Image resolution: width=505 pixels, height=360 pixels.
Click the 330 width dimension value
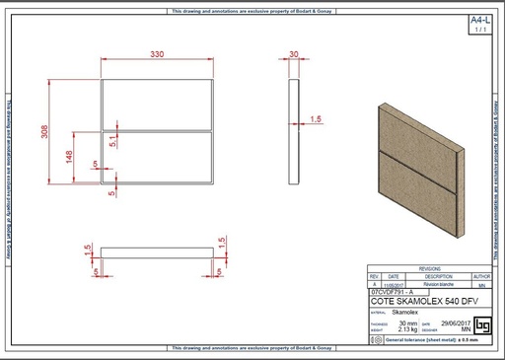pyautogui.click(x=157, y=55)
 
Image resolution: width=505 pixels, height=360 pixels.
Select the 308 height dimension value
pyautogui.click(x=44, y=132)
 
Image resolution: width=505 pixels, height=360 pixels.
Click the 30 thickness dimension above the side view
pyautogui.click(x=294, y=55)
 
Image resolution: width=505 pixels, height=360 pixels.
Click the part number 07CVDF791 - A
pyautogui.click(x=394, y=293)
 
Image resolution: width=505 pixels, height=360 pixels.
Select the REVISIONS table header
pyautogui.click(x=429, y=268)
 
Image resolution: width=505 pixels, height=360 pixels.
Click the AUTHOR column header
pyautogui.click(x=481, y=276)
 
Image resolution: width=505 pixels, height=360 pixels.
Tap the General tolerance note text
pyautogui.click(x=432, y=339)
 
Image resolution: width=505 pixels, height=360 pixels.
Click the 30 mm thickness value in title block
pyautogui.click(x=403, y=323)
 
